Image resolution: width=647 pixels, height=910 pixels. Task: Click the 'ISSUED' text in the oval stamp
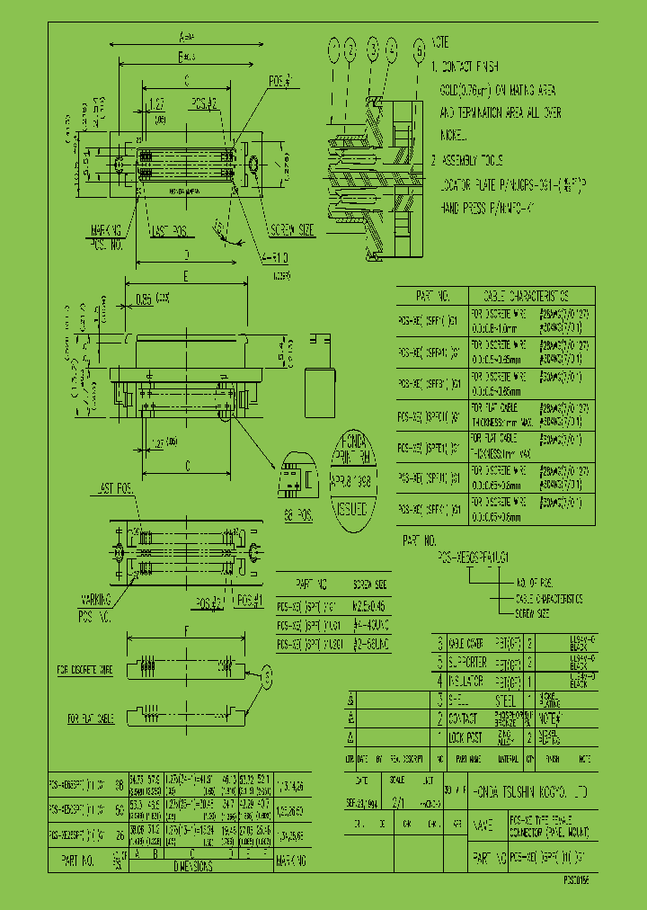[350, 508]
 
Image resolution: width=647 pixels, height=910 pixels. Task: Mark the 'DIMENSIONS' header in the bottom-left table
[189, 866]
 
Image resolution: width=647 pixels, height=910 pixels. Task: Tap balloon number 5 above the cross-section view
[419, 48]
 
